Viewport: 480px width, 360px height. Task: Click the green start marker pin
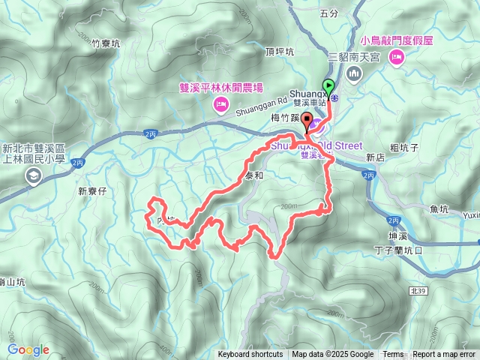(328, 85)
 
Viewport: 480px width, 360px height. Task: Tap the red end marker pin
(307, 124)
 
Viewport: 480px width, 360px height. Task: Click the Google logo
(28, 350)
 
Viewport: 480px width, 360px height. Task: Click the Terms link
(393, 355)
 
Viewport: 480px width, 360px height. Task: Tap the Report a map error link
(444, 355)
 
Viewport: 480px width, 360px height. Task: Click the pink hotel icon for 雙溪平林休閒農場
(220, 103)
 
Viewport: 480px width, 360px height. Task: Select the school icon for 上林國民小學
(33, 175)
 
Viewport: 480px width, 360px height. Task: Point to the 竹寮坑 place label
(106, 43)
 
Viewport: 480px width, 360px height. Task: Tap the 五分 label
(329, 13)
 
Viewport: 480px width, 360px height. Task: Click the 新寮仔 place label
(93, 191)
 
